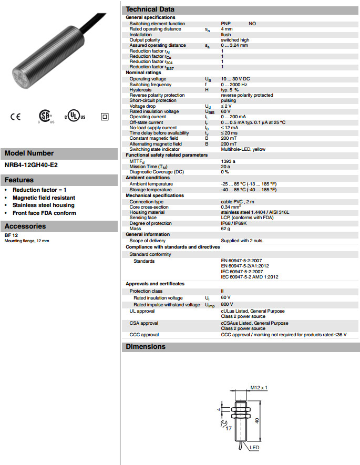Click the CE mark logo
15,116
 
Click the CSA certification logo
45,116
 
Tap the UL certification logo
74,116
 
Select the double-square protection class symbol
104,116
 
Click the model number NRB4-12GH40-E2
31,164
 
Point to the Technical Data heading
150,9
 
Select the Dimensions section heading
146,347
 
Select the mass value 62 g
225,229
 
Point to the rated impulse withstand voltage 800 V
227,304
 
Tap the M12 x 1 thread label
259,388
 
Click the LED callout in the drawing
254,448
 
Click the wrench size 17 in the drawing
229,429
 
